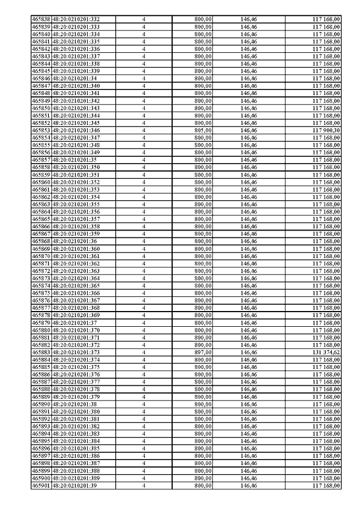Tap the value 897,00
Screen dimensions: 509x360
pos(202,353)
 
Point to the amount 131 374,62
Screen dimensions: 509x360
pos(326,353)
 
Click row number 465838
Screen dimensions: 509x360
pos(41,19)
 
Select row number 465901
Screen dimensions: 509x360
pos(41,485)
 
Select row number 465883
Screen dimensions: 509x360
pos(41,353)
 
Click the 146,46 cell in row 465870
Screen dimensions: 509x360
pos(248,256)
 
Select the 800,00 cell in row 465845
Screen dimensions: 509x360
pos(202,71)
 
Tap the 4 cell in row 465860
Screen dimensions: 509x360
pos(144,182)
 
